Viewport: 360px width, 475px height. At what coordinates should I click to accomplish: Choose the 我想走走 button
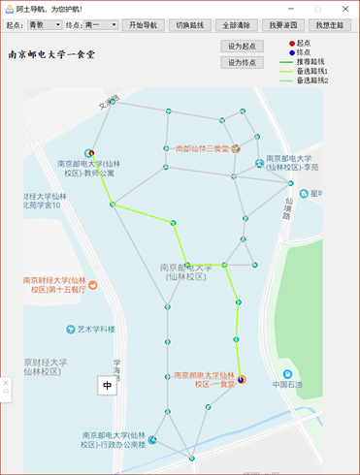coord(332,24)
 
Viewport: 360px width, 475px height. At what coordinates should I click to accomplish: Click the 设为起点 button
coord(242,46)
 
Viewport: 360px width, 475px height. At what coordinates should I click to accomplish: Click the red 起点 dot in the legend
coord(291,43)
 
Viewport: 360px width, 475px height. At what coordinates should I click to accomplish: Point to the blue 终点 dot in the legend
coord(291,52)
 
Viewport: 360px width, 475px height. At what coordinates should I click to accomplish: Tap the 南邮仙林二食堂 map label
coord(202,149)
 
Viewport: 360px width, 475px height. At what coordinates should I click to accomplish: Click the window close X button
coord(345,8)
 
